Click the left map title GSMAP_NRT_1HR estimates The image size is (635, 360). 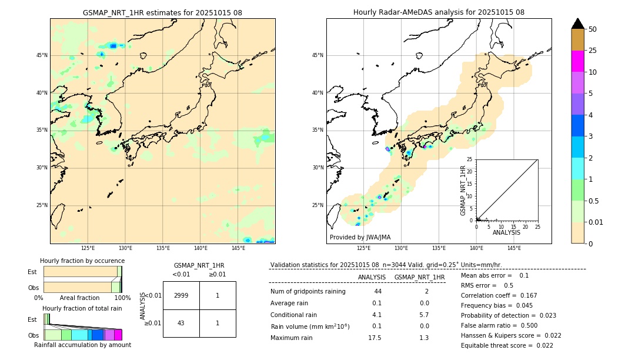(x=162, y=12)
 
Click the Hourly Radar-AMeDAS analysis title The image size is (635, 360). (x=439, y=12)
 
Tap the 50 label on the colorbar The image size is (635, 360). (x=593, y=29)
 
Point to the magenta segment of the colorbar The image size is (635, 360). (x=577, y=61)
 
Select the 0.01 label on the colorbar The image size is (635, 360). (x=596, y=222)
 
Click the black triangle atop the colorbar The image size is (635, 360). (x=577, y=24)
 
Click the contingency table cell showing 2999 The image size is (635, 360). (x=181, y=295)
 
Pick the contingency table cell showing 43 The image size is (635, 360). (x=181, y=323)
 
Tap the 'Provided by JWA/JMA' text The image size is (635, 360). (x=360, y=237)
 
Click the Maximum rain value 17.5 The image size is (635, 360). (x=375, y=338)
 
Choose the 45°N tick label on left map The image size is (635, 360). (x=42, y=55)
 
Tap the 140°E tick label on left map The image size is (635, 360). (x=200, y=248)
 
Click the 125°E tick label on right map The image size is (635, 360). (x=364, y=248)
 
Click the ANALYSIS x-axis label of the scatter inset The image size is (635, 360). (x=506, y=232)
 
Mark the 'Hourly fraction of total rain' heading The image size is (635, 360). (x=82, y=308)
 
